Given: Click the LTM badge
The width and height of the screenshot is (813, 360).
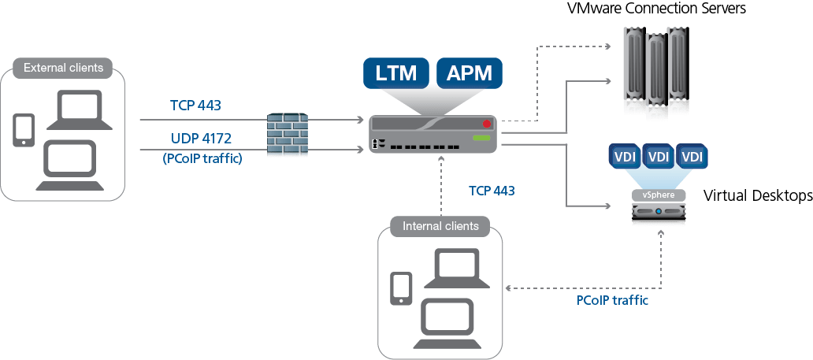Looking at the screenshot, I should (x=396, y=73).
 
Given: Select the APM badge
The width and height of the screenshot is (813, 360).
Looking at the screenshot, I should (x=469, y=73).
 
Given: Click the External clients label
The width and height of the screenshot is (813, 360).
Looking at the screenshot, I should (x=63, y=68).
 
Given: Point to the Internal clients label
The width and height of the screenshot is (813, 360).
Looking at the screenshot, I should (x=440, y=226).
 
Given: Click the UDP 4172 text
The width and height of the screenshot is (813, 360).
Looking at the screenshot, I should (x=200, y=139).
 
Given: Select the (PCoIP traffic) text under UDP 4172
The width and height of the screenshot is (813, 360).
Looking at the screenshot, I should (x=202, y=158).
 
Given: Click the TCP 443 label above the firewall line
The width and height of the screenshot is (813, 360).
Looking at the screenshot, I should (x=195, y=105).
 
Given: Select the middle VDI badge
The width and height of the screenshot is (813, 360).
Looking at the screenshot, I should (x=657, y=157).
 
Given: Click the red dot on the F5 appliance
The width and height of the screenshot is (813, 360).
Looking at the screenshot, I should (x=487, y=124).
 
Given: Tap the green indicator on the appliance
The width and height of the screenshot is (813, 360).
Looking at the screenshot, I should (x=481, y=139).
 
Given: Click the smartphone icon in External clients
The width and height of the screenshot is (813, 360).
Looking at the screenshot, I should (x=24, y=131).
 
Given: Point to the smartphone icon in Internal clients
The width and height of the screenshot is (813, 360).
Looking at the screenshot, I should (x=402, y=288).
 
